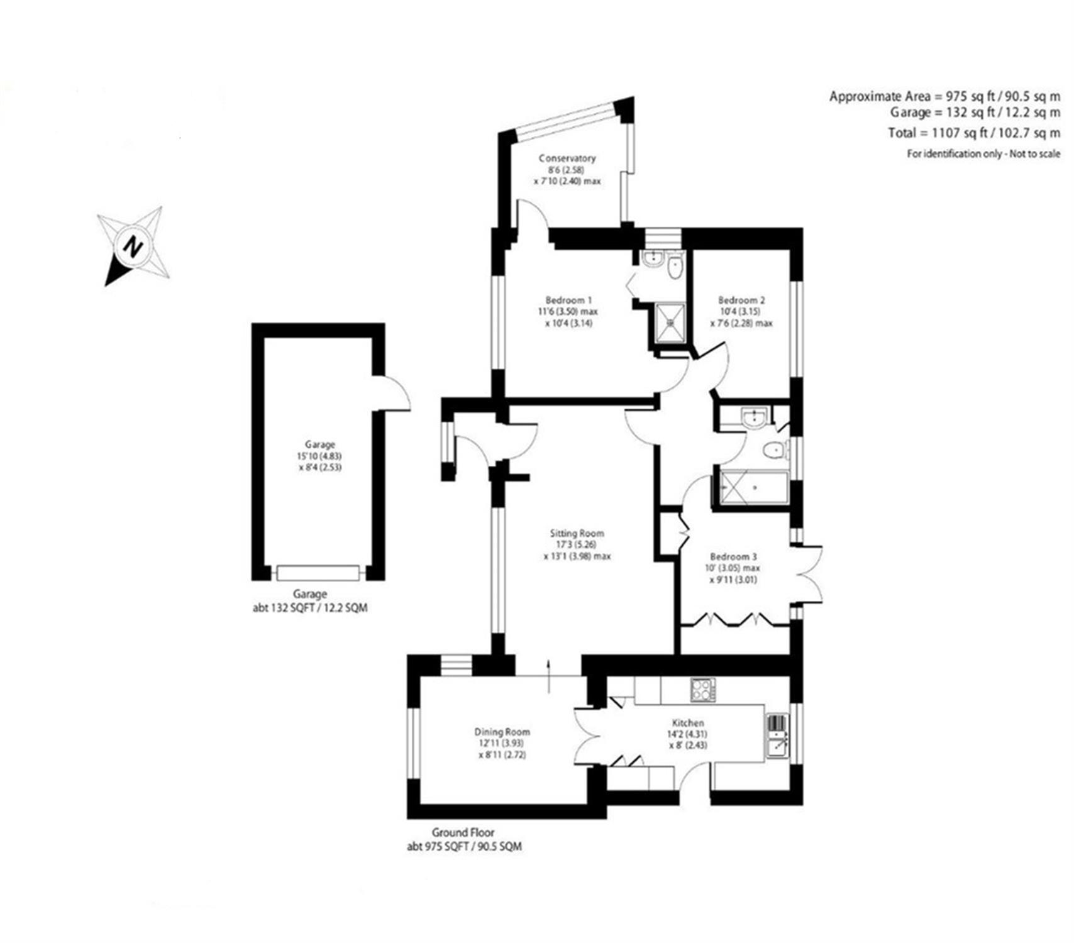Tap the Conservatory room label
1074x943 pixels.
coord(567,158)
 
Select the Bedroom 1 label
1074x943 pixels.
coord(568,300)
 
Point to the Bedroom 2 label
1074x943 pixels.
coord(741,300)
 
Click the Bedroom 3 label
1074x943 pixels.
coord(733,556)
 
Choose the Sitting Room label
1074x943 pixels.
coord(577,533)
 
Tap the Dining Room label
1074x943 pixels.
coord(502,732)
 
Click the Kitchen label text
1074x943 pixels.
coord(688,723)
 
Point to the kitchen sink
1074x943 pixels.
coord(777,736)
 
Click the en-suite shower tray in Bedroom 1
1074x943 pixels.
coord(670,323)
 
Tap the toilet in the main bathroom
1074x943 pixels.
coord(775,450)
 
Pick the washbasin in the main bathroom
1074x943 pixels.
coord(752,418)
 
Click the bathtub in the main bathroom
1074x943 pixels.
coord(753,487)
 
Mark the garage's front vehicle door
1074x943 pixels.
coord(318,573)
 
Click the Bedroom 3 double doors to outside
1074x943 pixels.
coord(808,573)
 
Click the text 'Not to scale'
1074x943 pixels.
coord(1035,153)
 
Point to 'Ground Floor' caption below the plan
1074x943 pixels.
coord(463,833)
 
